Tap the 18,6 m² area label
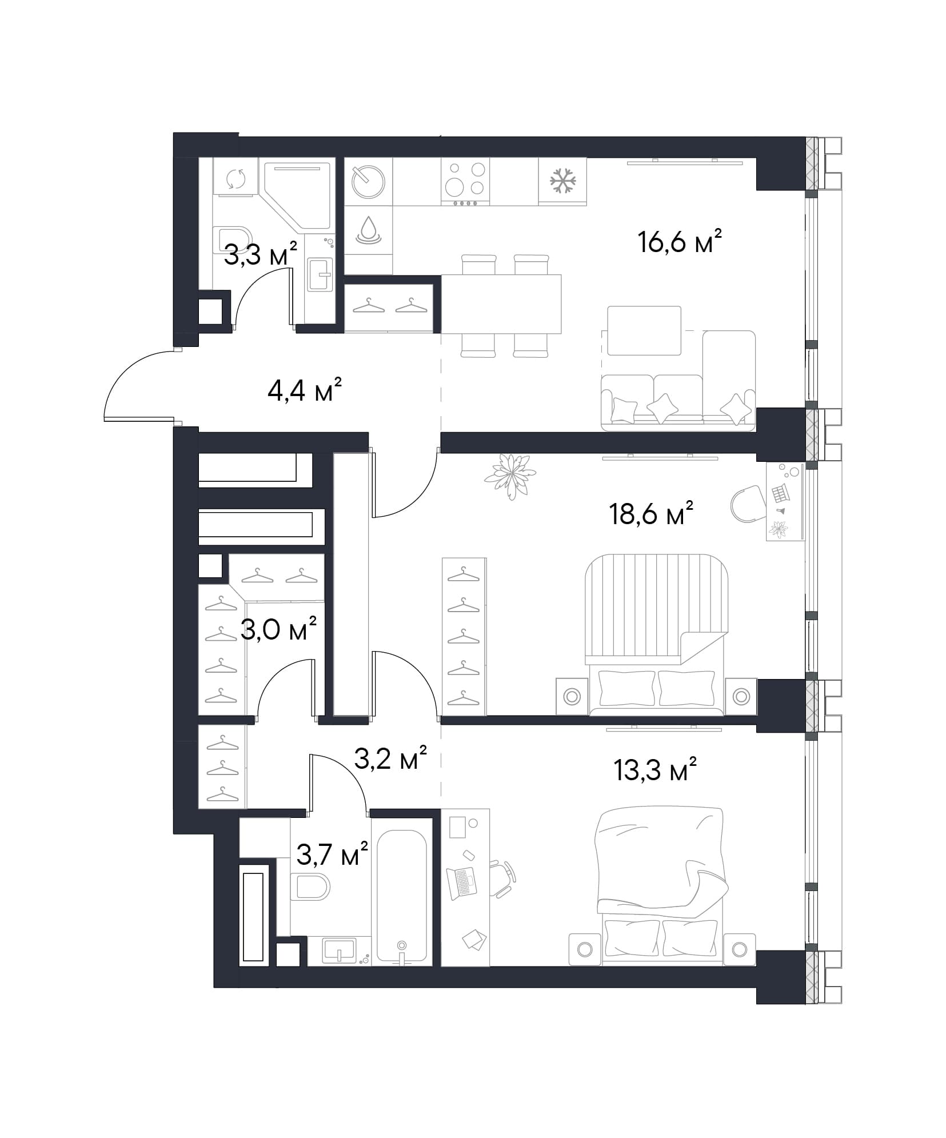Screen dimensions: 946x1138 click(x=651, y=514)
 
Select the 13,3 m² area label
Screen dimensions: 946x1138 click(x=654, y=770)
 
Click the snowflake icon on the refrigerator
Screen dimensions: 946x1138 click(x=562, y=181)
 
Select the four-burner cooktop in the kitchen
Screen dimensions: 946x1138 click(x=465, y=182)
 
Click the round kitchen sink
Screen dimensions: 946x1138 click(x=368, y=181)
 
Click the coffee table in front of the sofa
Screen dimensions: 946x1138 click(x=644, y=330)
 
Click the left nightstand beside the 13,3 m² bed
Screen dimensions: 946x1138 click(x=585, y=950)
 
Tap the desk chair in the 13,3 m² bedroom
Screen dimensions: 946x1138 click(x=503, y=880)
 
